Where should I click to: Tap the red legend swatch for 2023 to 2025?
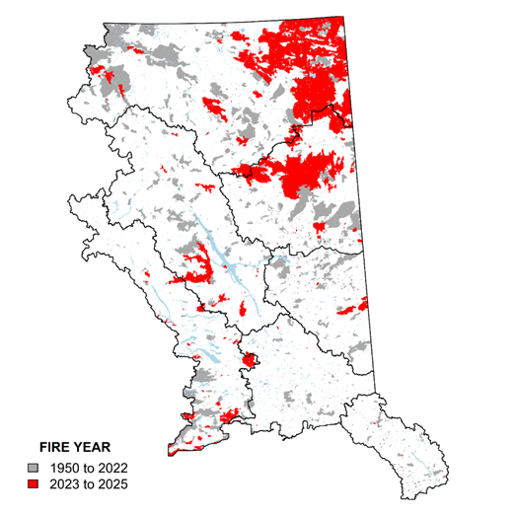tap(34, 484)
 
